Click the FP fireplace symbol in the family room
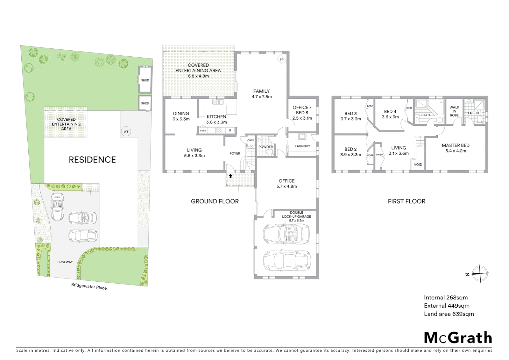click(281, 60)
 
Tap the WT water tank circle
click(126, 131)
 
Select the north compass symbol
click(479, 274)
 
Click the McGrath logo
click(458, 338)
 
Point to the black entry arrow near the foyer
click(230, 176)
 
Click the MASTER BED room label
click(455, 145)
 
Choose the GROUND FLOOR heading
click(215, 201)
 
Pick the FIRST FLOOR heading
click(406, 201)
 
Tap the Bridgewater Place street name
click(89, 286)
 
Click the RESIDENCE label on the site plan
click(92, 160)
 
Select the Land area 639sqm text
click(449, 314)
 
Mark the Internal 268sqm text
click(446, 297)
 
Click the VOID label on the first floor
click(418, 165)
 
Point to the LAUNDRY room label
click(302, 146)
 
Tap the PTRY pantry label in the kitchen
click(203, 131)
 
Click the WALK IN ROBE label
click(454, 111)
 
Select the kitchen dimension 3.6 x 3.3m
click(217, 122)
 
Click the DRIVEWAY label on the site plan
click(65, 262)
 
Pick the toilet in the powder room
click(269, 152)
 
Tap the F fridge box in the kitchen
click(230, 130)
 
